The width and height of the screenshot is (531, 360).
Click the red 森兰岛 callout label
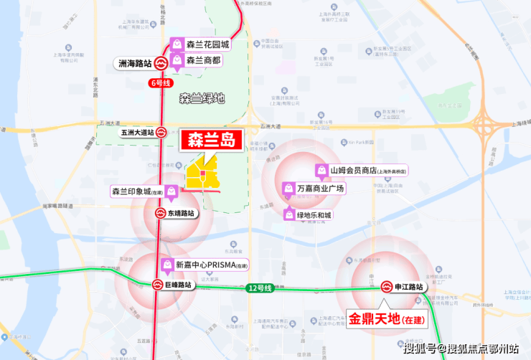tap(212, 140)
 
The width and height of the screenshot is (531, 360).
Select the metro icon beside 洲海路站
tap(162, 63)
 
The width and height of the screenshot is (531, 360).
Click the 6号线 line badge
tap(161, 83)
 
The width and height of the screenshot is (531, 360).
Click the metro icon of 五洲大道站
tap(162, 133)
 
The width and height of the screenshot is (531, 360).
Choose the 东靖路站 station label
tap(180, 213)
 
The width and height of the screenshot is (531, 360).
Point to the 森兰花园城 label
tap(207, 44)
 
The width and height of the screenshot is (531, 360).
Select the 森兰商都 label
tap(204, 60)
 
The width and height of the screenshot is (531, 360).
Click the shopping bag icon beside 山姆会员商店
tap(321, 171)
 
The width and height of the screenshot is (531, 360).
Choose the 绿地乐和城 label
tap(314, 214)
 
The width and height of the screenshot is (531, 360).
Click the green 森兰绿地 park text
tap(202, 98)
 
